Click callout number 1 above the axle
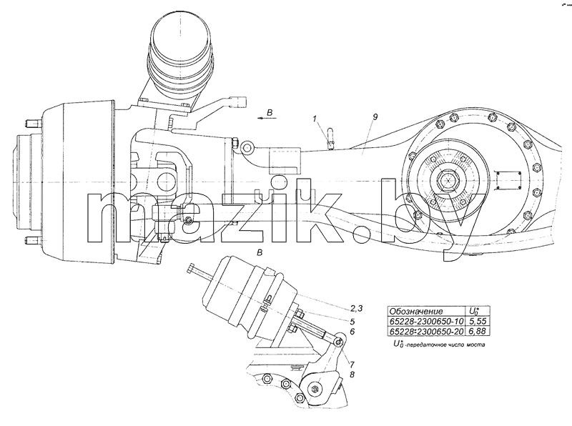[x=315, y=119]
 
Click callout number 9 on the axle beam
[x=375, y=117]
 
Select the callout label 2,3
[x=356, y=309]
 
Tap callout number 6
[x=352, y=332]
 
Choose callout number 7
[x=352, y=364]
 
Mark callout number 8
[x=352, y=375]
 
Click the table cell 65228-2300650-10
[x=426, y=322]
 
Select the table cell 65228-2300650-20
[x=426, y=331]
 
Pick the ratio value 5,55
[x=477, y=322]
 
